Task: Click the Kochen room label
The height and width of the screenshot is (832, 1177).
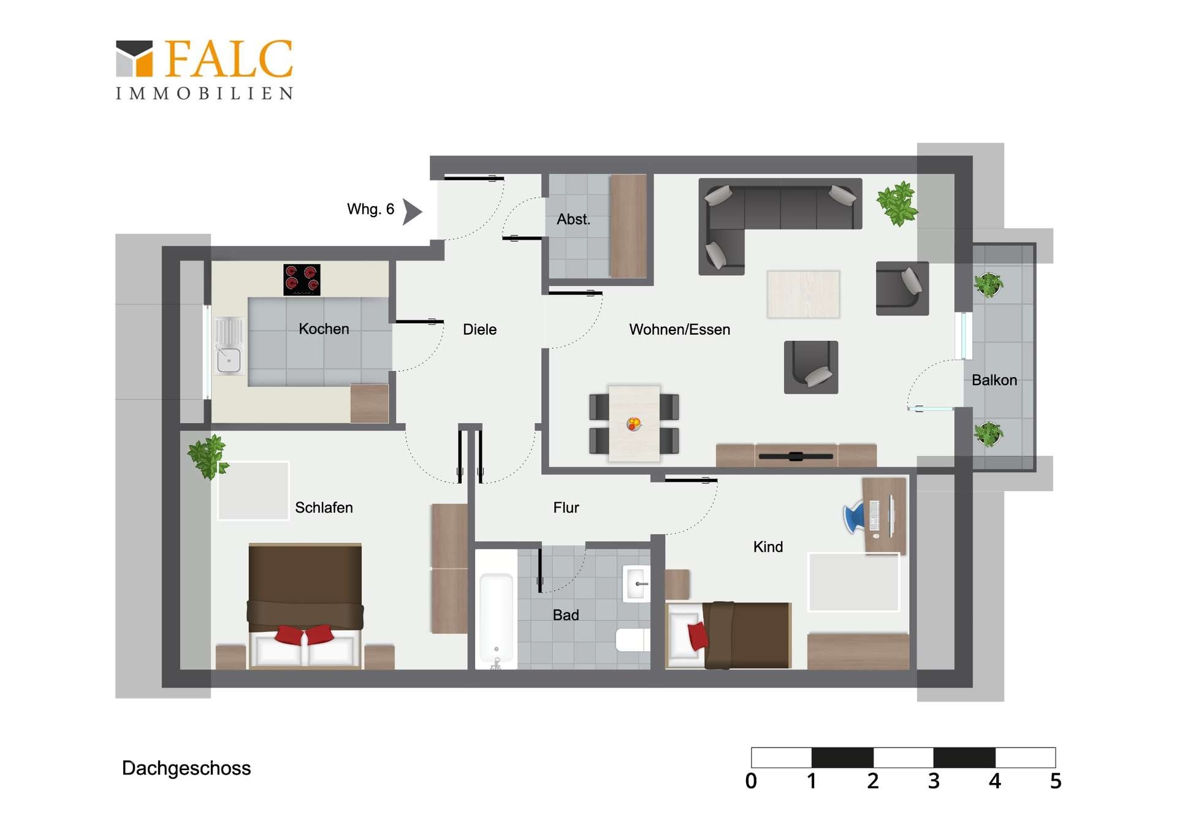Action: [324, 329]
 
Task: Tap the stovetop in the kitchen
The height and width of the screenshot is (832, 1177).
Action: [302, 280]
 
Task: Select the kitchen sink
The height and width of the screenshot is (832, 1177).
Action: [229, 346]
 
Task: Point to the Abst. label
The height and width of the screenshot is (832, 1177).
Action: [573, 219]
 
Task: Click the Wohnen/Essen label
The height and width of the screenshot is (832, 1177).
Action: [679, 329]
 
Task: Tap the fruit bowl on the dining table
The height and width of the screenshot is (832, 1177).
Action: [634, 423]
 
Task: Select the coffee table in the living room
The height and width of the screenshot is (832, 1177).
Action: [803, 294]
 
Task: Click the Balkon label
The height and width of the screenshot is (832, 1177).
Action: [994, 380]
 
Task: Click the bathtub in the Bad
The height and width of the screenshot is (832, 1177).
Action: [496, 619]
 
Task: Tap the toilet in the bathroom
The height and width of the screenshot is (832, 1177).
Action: [633, 639]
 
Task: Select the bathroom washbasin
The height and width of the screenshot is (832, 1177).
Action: [636, 584]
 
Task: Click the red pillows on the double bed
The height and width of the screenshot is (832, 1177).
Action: [304, 635]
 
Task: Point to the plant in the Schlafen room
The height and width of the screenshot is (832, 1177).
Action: [208, 456]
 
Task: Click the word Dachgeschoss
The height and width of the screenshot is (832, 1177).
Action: [186, 768]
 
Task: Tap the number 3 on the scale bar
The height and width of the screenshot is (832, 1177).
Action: [933, 781]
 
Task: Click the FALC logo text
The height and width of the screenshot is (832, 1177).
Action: [228, 59]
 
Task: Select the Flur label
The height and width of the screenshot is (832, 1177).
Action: [566, 508]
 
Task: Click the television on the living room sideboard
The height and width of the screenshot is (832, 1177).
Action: [796, 456]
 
